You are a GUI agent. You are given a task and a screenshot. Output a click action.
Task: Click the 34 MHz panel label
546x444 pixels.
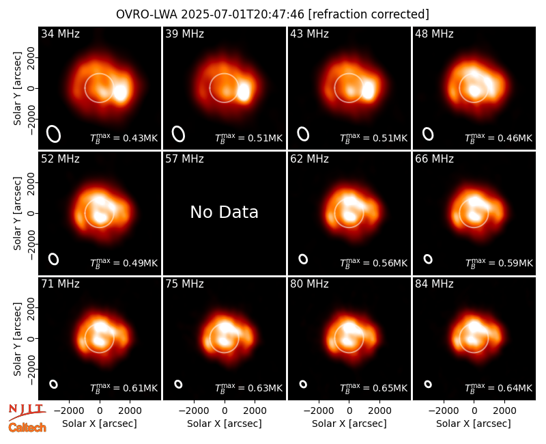point(60,33)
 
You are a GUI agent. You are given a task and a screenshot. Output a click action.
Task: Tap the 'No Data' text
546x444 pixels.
point(225,212)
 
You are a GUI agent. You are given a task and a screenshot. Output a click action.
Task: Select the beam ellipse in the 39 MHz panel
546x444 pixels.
point(178,134)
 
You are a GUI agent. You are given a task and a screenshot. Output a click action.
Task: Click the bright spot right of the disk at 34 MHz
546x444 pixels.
point(121,92)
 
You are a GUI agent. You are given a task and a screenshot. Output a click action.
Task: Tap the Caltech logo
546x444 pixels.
point(27,428)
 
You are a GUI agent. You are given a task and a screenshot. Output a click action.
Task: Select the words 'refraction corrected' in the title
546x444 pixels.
point(369,14)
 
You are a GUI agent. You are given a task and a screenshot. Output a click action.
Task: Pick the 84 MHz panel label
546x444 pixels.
point(434,284)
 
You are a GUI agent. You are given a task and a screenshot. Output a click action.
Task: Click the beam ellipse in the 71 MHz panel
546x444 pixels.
point(54,384)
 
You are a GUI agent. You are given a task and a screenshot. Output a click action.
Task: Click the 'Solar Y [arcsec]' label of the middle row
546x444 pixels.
point(18,213)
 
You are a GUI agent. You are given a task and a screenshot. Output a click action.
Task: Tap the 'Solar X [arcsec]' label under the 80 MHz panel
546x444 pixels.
point(349,424)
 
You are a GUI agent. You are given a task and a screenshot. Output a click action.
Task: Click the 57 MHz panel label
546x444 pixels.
point(184,159)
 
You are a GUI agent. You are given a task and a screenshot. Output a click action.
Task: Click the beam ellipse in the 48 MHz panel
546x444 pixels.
point(428,134)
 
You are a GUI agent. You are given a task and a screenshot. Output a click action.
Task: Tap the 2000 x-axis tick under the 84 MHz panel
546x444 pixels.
point(504,411)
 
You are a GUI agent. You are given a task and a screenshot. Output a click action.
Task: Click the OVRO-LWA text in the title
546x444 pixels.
point(147,14)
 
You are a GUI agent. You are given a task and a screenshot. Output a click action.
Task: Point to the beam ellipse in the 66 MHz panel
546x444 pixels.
point(428,259)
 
